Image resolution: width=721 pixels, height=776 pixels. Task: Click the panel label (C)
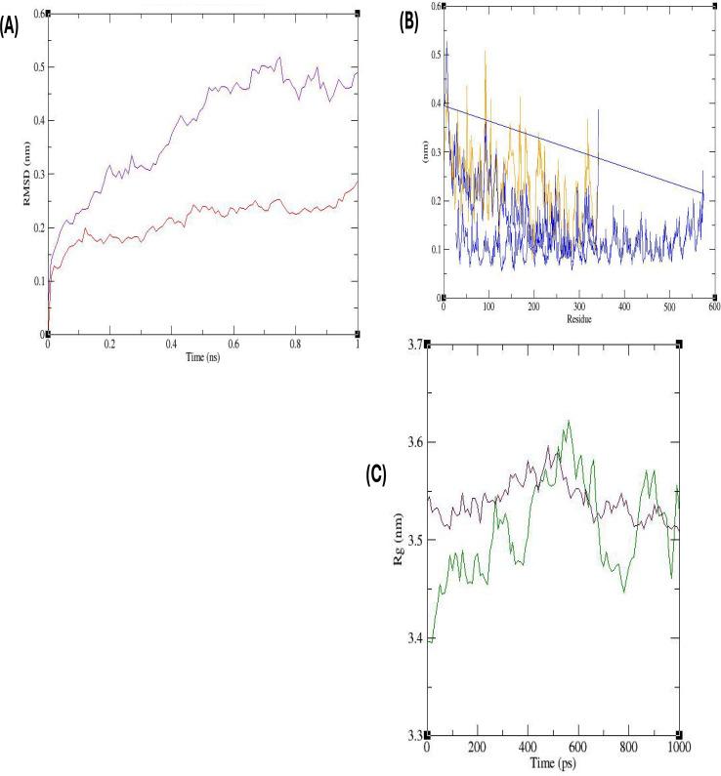(375, 475)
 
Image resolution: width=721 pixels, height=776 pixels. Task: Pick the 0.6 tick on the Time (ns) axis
(234, 345)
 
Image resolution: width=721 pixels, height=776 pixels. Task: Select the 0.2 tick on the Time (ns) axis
(110, 345)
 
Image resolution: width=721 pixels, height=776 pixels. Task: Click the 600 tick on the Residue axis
(714, 306)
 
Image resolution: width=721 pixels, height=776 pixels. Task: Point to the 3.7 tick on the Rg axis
(411, 345)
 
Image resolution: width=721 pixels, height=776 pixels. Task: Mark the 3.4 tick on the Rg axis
(411, 637)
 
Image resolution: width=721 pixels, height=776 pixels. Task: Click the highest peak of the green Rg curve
(568, 421)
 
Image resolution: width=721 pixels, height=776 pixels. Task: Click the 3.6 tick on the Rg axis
(411, 442)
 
